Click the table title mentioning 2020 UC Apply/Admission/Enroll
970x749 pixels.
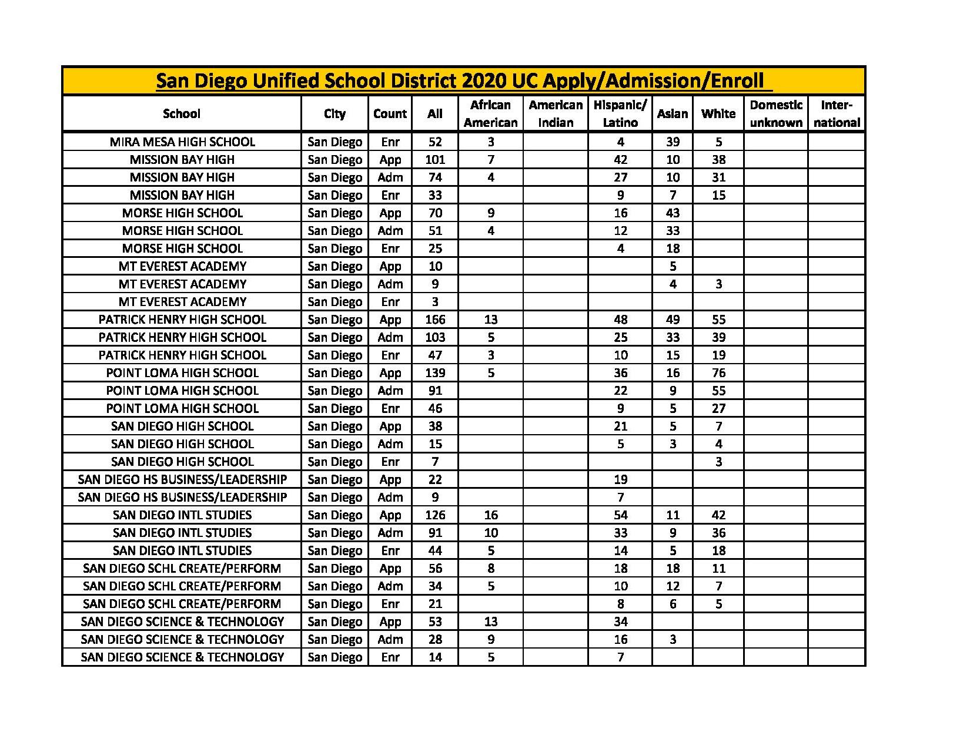pyautogui.click(x=463, y=80)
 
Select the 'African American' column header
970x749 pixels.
pyautogui.click(x=490, y=113)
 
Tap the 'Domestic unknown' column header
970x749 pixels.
pyautogui.click(x=776, y=113)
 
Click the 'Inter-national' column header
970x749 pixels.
pyautogui.click(x=837, y=113)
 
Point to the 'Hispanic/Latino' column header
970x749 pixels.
pyautogui.click(x=620, y=113)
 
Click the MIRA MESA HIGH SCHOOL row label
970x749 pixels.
pyautogui.click(x=182, y=142)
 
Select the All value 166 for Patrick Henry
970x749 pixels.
pyautogui.click(x=435, y=320)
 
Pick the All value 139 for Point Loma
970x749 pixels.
pyautogui.click(x=435, y=373)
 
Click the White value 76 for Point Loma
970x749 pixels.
pyautogui.click(x=718, y=373)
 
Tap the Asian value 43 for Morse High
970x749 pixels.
pyautogui.click(x=673, y=213)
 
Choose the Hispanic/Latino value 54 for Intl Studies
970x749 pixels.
pyautogui.click(x=620, y=515)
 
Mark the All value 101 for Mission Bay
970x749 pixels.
pyautogui.click(x=435, y=160)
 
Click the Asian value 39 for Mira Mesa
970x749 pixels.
pyautogui.click(x=673, y=142)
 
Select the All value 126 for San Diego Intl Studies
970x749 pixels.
pyautogui.click(x=435, y=515)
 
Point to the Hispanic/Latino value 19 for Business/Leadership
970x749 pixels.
pyautogui.click(x=620, y=479)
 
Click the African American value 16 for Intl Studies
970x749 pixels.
pyautogui.click(x=490, y=515)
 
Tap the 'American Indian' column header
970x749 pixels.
pyautogui.click(x=556, y=113)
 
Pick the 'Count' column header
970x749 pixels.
pyautogui.click(x=390, y=113)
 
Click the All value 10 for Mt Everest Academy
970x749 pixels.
pyautogui.click(x=435, y=266)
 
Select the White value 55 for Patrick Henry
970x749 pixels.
pyautogui.click(x=718, y=320)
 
